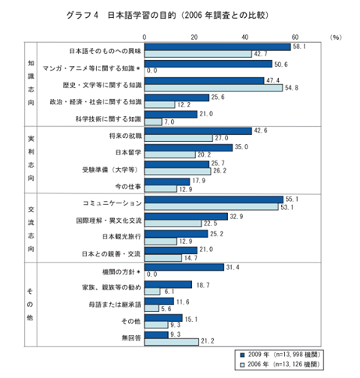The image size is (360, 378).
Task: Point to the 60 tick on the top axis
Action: pyautogui.click(x=295, y=36)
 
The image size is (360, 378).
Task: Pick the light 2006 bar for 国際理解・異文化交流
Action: pyautogui.click(x=173, y=223)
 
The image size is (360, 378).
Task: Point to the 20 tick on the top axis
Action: pyautogui.click(x=195, y=36)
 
